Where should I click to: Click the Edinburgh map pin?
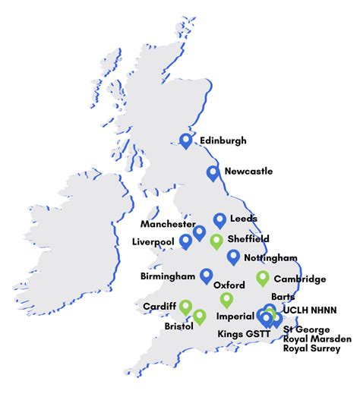(186, 140)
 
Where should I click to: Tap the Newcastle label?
(248, 172)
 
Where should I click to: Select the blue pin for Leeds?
(219, 220)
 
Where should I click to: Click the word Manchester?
(168, 225)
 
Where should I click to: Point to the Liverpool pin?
(186, 241)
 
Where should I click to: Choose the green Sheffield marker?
(216, 242)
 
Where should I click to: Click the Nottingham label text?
(272, 259)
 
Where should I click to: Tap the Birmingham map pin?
(206, 276)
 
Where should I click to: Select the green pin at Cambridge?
(263, 278)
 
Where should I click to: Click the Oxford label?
(229, 285)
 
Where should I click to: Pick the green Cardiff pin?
(185, 307)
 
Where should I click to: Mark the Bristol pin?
(200, 316)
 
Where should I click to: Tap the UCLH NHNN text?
(308, 311)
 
